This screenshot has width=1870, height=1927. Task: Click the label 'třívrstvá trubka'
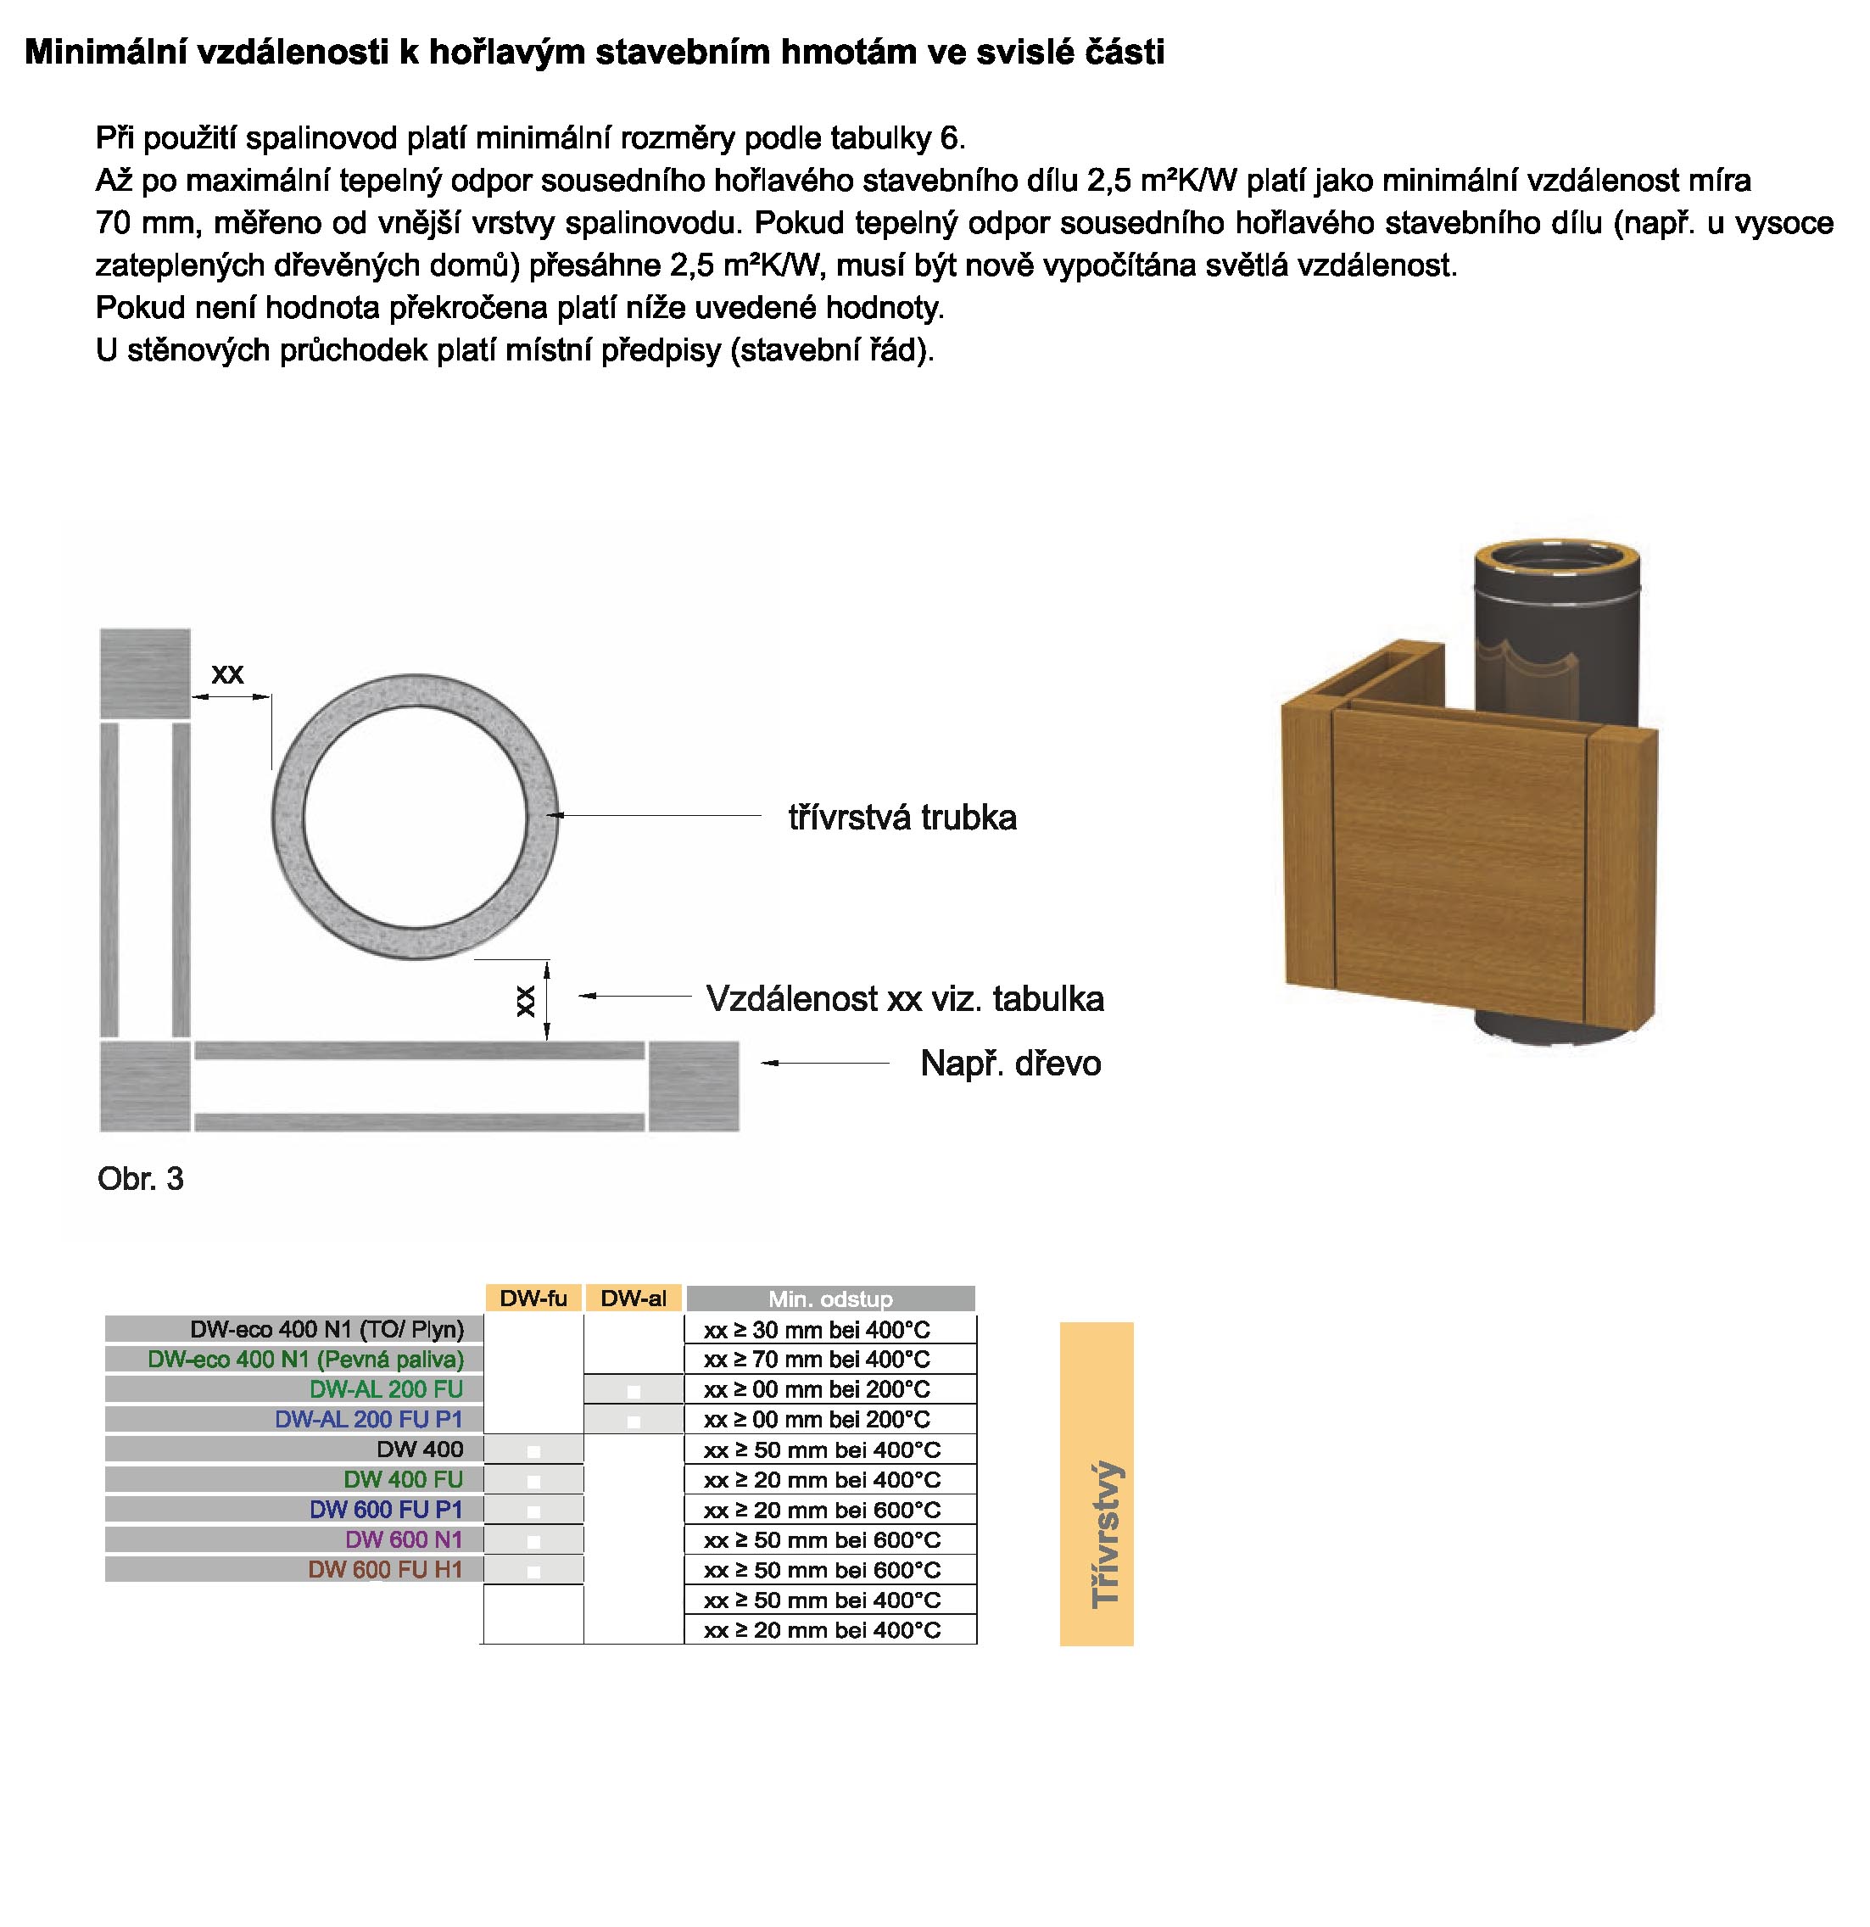coord(902,817)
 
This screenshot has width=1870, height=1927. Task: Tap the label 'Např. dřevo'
coord(1010,1063)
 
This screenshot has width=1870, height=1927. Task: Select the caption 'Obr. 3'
coord(141,1179)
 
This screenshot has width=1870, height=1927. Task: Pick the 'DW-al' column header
coord(634,1298)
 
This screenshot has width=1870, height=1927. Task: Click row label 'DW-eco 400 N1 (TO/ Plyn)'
coord(327,1329)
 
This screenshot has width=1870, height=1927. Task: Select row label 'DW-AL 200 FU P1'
coord(369,1419)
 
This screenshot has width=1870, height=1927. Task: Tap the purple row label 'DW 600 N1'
coord(403,1539)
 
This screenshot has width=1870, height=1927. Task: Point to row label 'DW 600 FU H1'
coord(384,1569)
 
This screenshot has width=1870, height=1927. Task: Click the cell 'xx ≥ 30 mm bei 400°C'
coord(816,1330)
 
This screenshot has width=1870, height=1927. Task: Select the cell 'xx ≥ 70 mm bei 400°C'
coord(816,1360)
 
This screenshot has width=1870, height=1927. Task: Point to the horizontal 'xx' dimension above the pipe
coord(227,674)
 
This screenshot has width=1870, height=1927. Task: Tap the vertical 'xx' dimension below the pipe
coord(526,1001)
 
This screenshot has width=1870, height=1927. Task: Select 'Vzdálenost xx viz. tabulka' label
coord(905,999)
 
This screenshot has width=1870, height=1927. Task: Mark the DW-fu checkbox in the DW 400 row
coord(534,1451)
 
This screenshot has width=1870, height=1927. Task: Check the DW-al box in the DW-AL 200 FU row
coord(634,1391)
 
